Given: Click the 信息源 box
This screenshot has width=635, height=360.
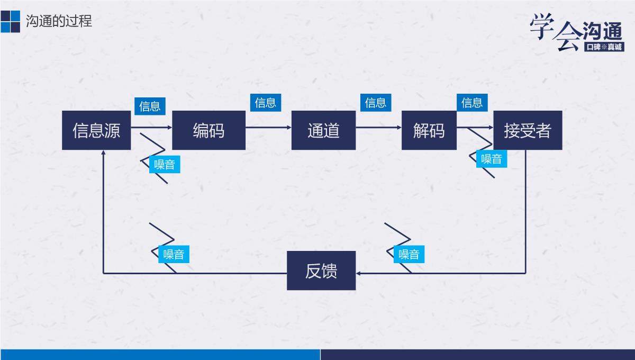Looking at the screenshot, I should click(96, 130).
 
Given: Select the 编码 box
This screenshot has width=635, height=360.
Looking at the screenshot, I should click(208, 130).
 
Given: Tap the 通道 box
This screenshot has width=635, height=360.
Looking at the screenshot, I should click(323, 130).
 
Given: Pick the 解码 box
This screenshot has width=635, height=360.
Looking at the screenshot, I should click(429, 130).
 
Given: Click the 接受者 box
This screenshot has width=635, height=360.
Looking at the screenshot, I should click(528, 130).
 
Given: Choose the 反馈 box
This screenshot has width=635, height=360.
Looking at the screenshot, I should click(321, 271).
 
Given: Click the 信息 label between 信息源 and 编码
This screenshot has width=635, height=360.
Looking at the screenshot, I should click(150, 106).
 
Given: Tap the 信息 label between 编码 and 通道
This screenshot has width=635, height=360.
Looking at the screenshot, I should click(266, 103).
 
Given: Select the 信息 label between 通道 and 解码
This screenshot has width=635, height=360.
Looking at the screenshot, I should click(376, 103).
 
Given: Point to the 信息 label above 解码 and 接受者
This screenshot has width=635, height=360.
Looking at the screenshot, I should click(472, 103).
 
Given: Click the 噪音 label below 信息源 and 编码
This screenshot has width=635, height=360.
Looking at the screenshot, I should click(164, 164).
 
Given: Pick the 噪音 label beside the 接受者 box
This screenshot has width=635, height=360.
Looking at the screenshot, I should click(491, 158).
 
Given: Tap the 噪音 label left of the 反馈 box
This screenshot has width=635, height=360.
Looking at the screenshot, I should click(174, 254).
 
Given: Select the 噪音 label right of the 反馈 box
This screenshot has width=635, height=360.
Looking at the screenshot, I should click(409, 254).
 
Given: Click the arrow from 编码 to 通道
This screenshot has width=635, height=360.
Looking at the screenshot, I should click(268, 128).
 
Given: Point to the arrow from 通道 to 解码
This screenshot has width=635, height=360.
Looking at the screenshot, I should click(378, 128).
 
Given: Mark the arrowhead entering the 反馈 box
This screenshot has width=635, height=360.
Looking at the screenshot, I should click(359, 273).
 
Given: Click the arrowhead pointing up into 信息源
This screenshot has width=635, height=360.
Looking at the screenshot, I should click(103, 153).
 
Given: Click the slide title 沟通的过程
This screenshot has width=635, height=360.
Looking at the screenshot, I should click(59, 21).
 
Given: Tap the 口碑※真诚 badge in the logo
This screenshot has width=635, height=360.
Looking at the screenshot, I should click(604, 47).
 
